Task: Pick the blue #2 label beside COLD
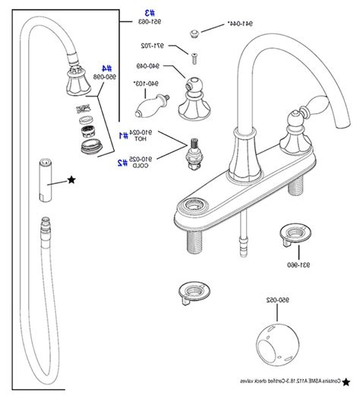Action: pyautogui.click(x=122, y=162)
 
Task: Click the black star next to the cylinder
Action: pyautogui.click(x=71, y=179)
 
